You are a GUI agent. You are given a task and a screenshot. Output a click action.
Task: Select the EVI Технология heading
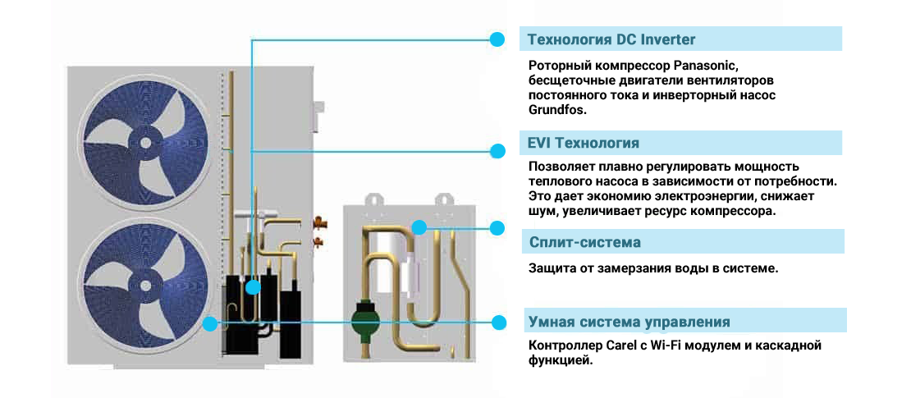583,144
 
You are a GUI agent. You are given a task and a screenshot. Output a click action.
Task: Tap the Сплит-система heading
584,243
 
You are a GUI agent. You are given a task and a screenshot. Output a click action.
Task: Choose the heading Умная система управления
629,322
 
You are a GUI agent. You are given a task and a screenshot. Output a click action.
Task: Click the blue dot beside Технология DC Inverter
497,39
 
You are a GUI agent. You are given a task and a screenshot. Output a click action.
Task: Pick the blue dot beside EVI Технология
497,151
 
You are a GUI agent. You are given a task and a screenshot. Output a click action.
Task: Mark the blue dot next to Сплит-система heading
497,227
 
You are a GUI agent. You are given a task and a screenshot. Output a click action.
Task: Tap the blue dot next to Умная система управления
497,322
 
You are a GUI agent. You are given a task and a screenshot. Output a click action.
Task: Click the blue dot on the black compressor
252,287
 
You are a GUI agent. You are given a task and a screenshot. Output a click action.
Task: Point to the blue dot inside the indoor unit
419,227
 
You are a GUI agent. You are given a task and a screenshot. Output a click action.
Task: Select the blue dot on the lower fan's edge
210,323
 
